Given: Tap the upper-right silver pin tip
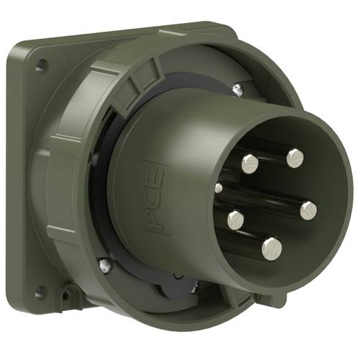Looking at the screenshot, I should (x=294, y=158).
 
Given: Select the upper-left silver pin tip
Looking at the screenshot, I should (x=250, y=164).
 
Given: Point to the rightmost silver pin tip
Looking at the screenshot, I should (x=308, y=210).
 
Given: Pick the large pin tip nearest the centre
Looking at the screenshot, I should (x=235, y=219).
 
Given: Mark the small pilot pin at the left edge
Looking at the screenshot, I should (x=219, y=188).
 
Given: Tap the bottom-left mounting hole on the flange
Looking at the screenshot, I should (x=40, y=292).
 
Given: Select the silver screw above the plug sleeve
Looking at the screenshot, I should (x=237, y=89).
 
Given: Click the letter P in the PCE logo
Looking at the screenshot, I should (x=156, y=217).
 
